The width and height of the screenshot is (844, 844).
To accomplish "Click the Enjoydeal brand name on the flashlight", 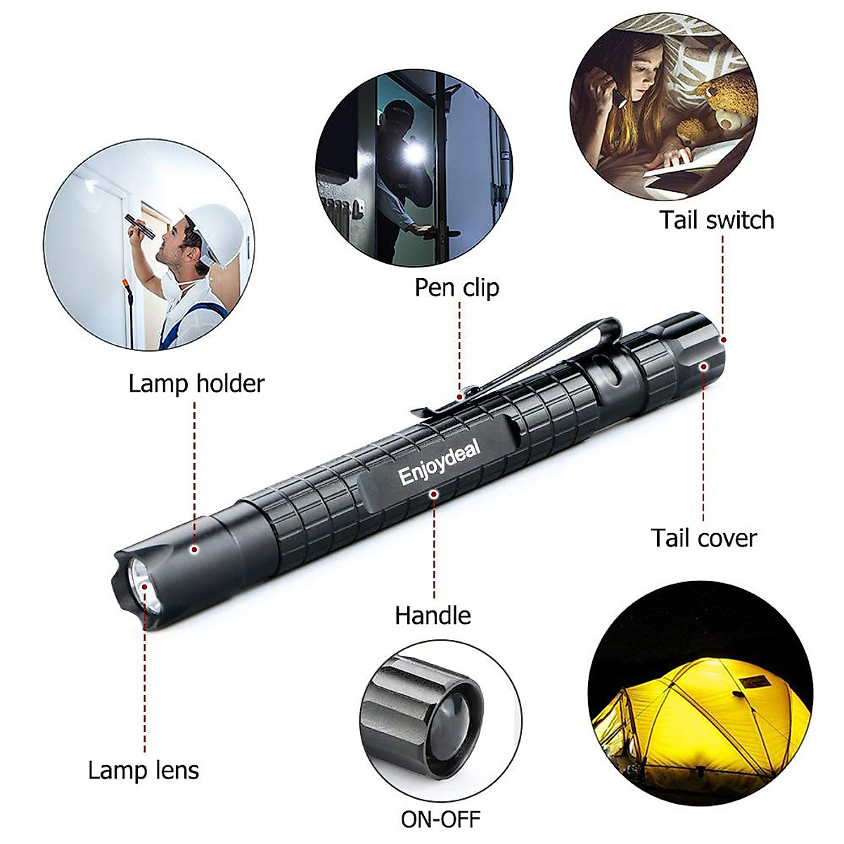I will pos(439,463).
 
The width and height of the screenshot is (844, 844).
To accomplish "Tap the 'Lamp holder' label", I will pos(196,384).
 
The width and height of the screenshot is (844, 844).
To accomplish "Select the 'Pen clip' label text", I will pos(456,288).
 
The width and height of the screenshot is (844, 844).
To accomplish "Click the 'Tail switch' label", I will pos(716,220).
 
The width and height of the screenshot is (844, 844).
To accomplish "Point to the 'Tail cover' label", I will pos(703,538).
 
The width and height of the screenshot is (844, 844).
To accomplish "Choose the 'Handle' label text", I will pos(433,615).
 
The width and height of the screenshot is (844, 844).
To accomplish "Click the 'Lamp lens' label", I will pos(143,770).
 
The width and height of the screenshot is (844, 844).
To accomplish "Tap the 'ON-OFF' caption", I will pos(440,819).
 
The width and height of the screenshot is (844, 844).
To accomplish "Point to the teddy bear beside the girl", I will pos(724,105).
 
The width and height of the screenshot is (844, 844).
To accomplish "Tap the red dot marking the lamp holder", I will pos(195,549).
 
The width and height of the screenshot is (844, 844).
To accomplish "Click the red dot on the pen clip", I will pos(459,397).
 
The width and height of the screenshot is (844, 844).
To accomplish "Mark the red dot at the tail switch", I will pos(722,340).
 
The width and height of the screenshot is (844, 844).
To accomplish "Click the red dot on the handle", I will pos(434,494).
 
